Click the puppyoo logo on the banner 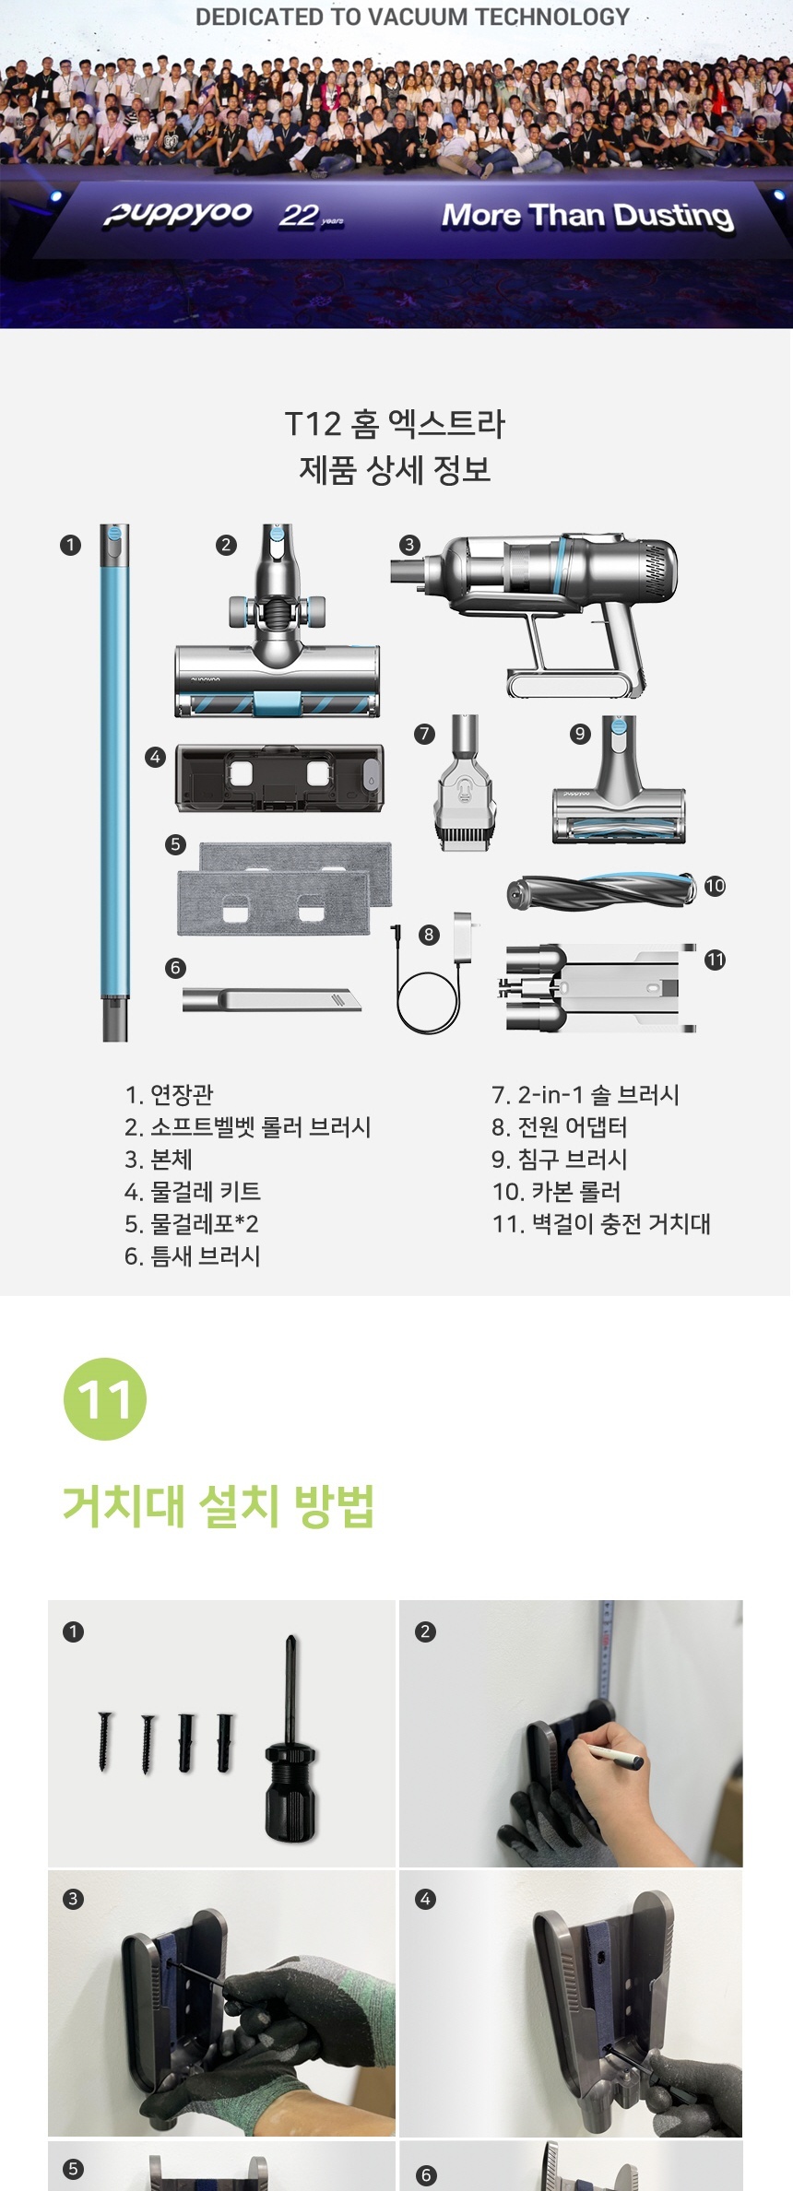[x=177, y=214]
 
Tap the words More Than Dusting [x=587, y=216]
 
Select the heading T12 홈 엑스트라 [x=395, y=424]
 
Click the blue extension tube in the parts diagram [x=114, y=783]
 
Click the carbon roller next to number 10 [x=600, y=890]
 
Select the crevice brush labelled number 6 [x=271, y=999]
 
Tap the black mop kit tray [x=279, y=778]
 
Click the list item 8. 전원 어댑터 [x=560, y=1126]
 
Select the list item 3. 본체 [x=159, y=1159]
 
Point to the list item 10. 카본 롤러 [x=557, y=1191]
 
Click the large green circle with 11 [x=105, y=1398]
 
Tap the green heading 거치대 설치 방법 [x=219, y=1506]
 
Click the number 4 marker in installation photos [x=425, y=1899]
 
